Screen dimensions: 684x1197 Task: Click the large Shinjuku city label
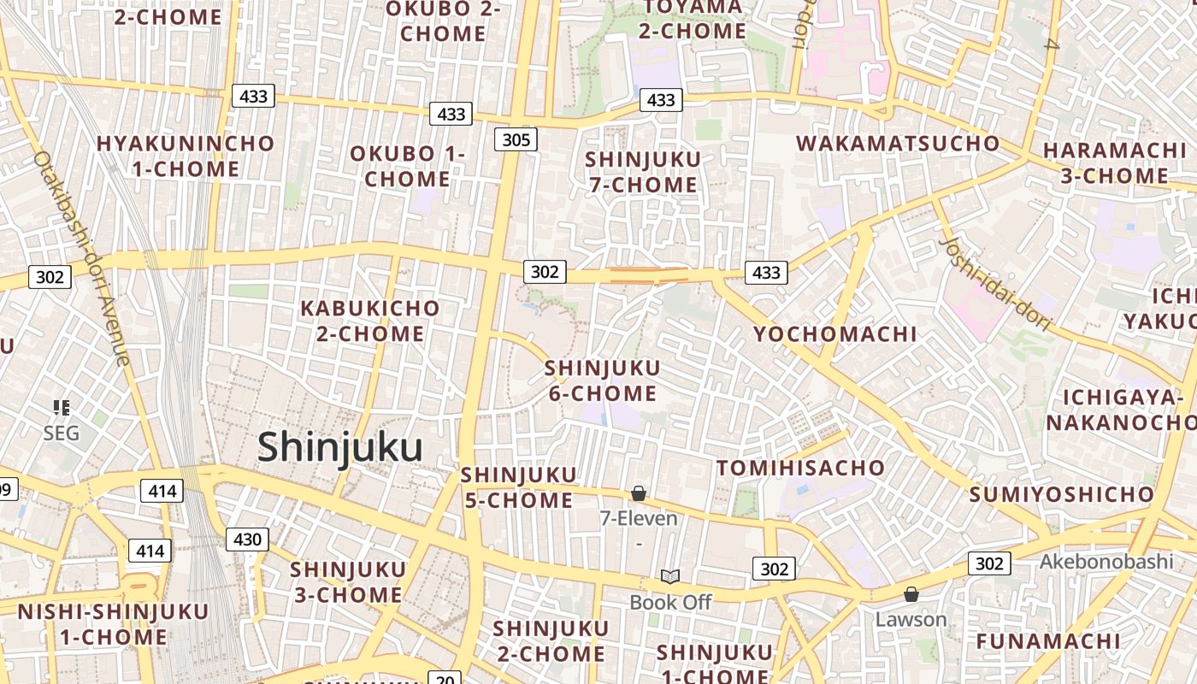(x=339, y=447)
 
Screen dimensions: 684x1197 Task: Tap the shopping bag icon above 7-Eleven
(x=638, y=493)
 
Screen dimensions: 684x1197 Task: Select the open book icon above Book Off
(x=670, y=577)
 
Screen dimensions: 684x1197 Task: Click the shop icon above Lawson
(x=911, y=593)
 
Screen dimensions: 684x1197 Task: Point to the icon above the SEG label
(x=61, y=407)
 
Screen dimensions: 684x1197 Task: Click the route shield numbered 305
(x=516, y=139)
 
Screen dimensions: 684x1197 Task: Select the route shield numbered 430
(x=247, y=540)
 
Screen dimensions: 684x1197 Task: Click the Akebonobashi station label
(x=1106, y=562)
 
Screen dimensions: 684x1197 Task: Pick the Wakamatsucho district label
(x=898, y=143)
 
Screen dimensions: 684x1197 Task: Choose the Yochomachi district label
(x=834, y=333)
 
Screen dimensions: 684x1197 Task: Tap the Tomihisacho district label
(x=800, y=468)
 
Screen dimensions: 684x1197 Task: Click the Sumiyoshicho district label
(x=1061, y=494)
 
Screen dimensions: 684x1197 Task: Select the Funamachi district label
(x=1060, y=640)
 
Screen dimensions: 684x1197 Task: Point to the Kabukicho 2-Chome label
(x=370, y=320)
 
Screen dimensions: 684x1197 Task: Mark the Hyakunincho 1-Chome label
(x=186, y=156)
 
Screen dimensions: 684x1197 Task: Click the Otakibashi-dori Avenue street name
(x=82, y=256)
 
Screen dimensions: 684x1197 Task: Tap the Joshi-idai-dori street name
(x=994, y=283)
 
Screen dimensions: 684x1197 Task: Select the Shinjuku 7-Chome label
(x=643, y=171)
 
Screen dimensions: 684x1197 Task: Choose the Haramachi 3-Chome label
(x=1114, y=162)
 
